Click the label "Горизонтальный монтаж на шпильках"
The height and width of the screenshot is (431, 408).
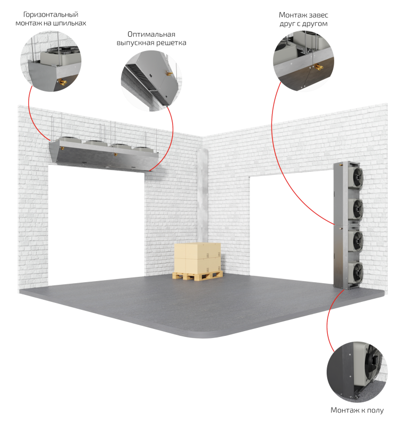[50, 18]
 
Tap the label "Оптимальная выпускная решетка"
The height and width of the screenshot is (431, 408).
[151, 38]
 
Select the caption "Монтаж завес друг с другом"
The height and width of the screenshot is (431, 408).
[303, 19]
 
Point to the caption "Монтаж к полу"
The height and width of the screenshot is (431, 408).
[356, 410]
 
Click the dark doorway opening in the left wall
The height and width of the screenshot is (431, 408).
[96, 223]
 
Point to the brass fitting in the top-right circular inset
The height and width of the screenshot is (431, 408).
[318, 66]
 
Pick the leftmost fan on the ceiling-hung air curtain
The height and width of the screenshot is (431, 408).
[72, 142]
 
